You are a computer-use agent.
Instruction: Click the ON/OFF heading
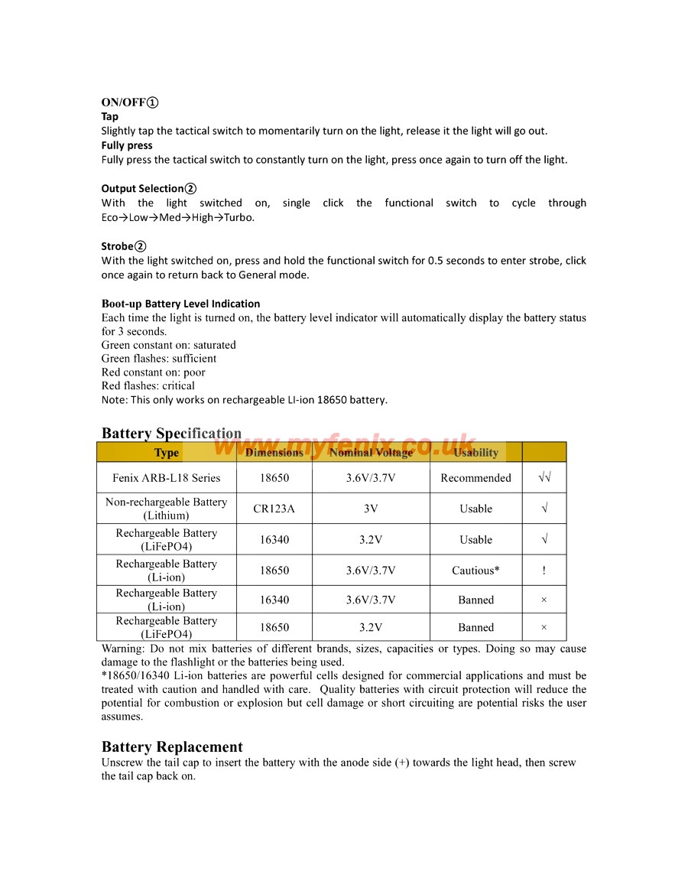[130, 102]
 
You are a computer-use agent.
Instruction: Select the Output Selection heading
[148, 188]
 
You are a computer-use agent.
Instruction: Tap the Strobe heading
[123, 246]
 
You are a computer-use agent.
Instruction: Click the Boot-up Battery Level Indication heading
[180, 304]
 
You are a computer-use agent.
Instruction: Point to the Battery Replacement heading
[172, 747]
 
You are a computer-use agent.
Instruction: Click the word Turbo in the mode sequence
[239, 217]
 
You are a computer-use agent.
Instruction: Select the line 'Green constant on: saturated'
[168, 345]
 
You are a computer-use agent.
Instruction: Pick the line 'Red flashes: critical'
[148, 386]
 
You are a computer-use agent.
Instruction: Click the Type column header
[167, 453]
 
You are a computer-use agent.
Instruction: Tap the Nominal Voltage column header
[371, 453]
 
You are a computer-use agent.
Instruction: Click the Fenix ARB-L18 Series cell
[167, 478]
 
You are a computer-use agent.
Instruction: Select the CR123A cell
[274, 509]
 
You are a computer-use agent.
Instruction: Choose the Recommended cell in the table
[475, 478]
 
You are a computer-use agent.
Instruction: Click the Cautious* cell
[475, 571]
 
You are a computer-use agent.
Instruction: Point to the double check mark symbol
[544, 478]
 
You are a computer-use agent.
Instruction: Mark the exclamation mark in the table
[544, 571]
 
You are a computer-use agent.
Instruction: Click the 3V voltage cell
[371, 509]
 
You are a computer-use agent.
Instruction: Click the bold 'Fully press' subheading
[127, 145]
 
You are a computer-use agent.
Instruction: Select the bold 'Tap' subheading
[110, 117]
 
